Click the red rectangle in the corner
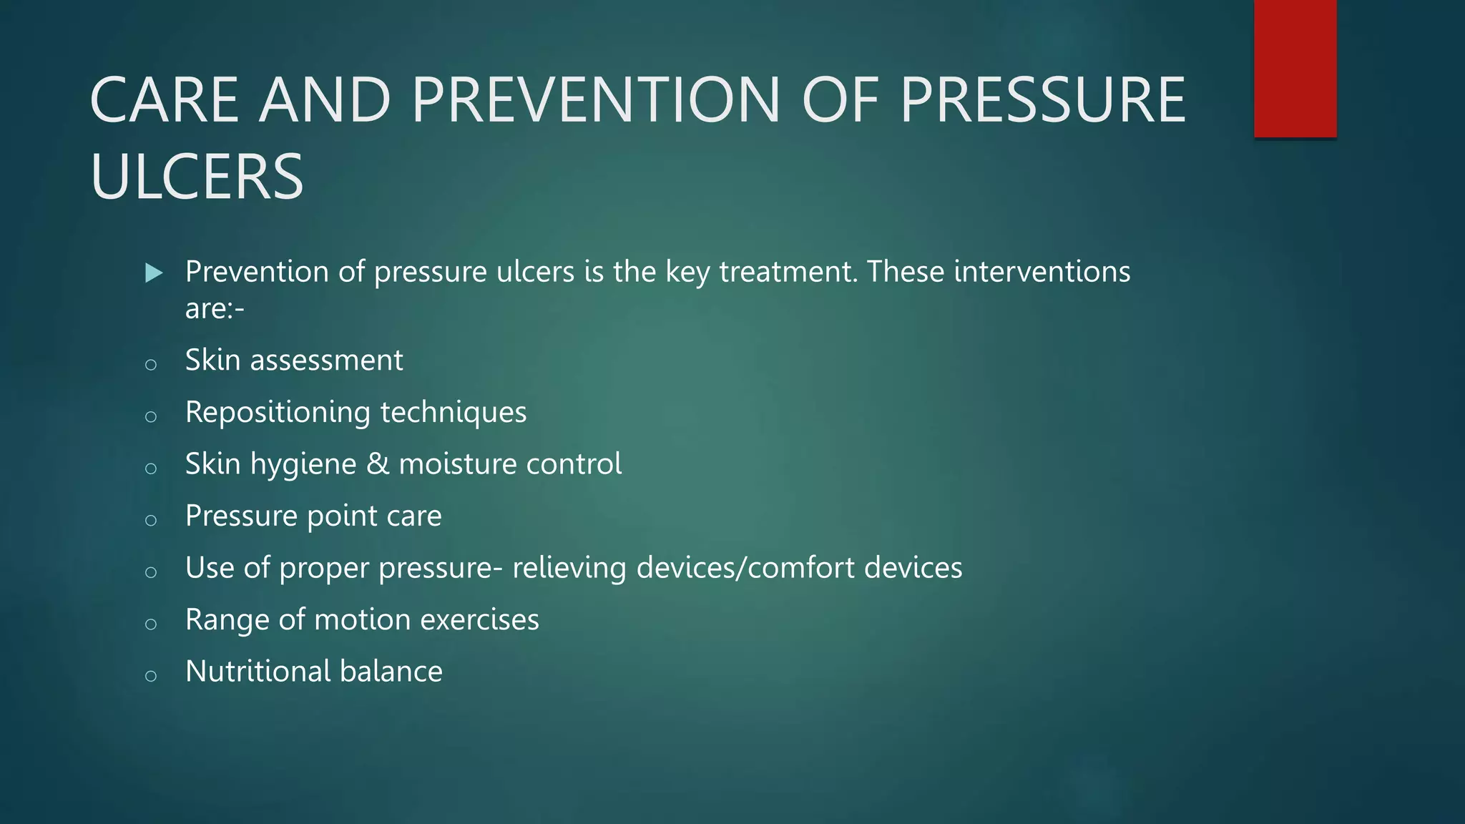(1295, 68)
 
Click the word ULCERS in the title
(197, 177)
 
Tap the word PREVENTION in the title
(595, 100)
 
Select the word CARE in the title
(164, 100)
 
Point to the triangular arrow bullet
(153, 273)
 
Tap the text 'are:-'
(215, 309)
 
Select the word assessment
(325, 360)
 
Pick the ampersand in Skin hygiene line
(378, 464)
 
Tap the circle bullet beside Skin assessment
(150, 365)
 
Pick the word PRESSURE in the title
(1043, 100)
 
